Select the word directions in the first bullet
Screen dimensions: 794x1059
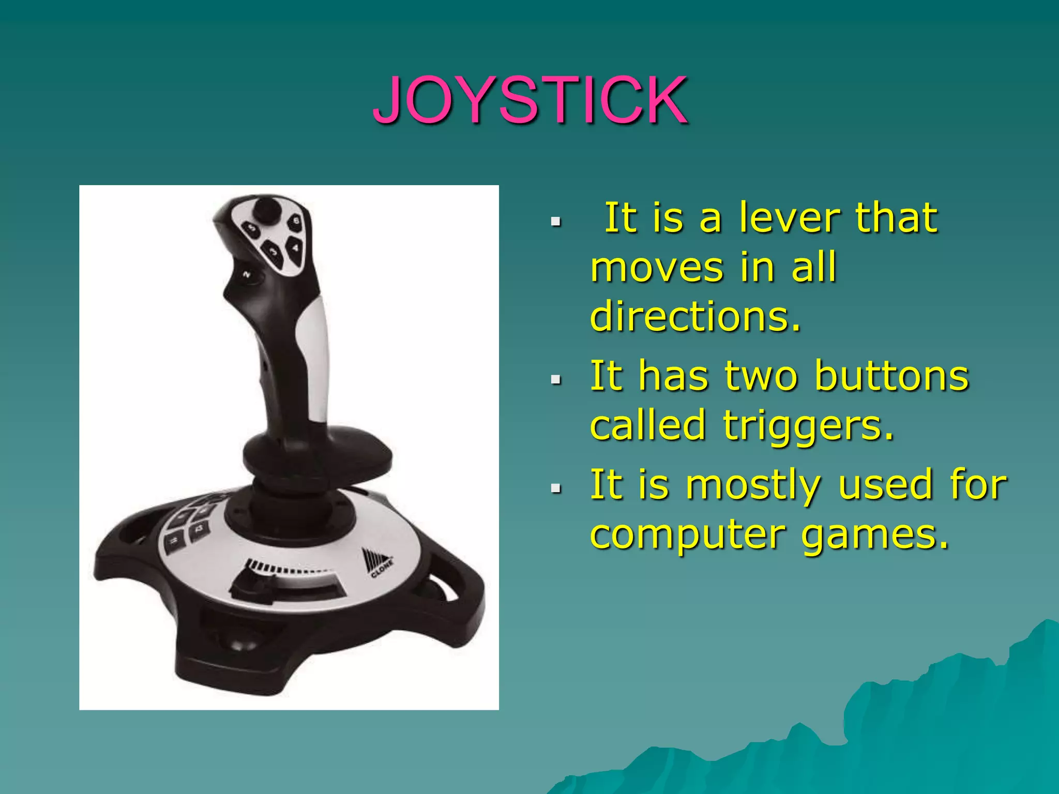(x=695, y=316)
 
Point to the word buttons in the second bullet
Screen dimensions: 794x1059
(x=891, y=376)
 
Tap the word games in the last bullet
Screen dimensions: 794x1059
(x=875, y=536)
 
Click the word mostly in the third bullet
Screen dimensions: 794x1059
(x=753, y=486)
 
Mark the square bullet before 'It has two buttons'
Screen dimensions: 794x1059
(x=556, y=380)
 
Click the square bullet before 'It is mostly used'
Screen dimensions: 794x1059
(x=556, y=487)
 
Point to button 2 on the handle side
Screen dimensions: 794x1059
(x=247, y=274)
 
